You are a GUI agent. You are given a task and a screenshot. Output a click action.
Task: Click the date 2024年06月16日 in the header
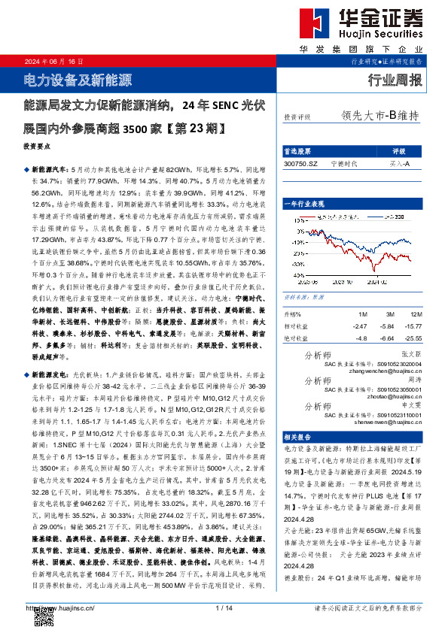coord(54,62)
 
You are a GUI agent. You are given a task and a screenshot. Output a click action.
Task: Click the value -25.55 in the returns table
coord(412,338)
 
